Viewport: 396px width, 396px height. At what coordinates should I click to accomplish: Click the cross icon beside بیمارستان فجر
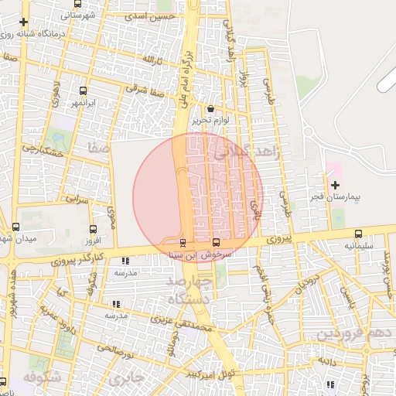[335, 185]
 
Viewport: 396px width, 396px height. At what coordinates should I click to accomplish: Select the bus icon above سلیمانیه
[358, 234]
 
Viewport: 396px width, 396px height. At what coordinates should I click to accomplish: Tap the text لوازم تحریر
[212, 121]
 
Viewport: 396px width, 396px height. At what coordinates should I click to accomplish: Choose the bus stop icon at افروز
[93, 230]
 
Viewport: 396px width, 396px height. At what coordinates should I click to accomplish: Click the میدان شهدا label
[18, 239]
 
